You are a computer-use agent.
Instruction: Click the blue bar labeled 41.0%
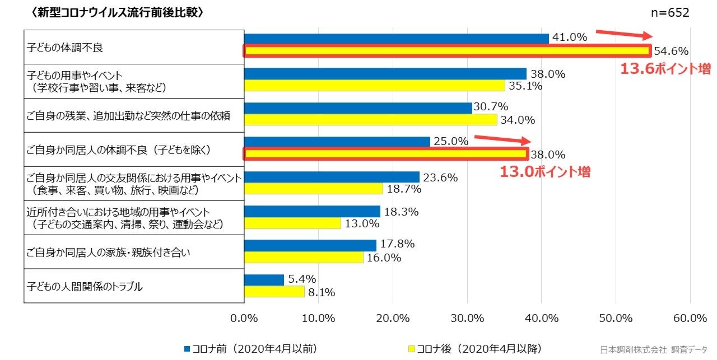click(x=397, y=39)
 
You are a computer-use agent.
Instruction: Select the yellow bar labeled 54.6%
click(x=447, y=52)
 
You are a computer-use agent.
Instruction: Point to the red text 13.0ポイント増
click(x=544, y=172)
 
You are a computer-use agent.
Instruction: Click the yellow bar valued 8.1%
click(x=274, y=292)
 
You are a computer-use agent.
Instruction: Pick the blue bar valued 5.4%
click(x=264, y=279)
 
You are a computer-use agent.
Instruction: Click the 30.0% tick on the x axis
click(x=467, y=318)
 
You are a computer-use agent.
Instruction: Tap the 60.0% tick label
click(x=690, y=318)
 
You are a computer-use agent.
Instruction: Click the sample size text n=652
click(x=671, y=13)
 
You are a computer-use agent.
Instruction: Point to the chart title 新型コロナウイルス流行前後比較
click(x=118, y=13)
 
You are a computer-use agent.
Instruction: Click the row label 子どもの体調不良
click(x=65, y=48)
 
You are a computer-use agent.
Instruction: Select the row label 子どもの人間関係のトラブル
click(x=85, y=287)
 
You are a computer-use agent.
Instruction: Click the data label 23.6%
click(x=440, y=177)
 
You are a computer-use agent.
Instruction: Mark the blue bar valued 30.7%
click(x=358, y=107)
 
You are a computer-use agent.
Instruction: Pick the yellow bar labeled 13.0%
click(x=293, y=223)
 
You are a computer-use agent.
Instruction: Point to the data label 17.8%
click(x=397, y=244)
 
